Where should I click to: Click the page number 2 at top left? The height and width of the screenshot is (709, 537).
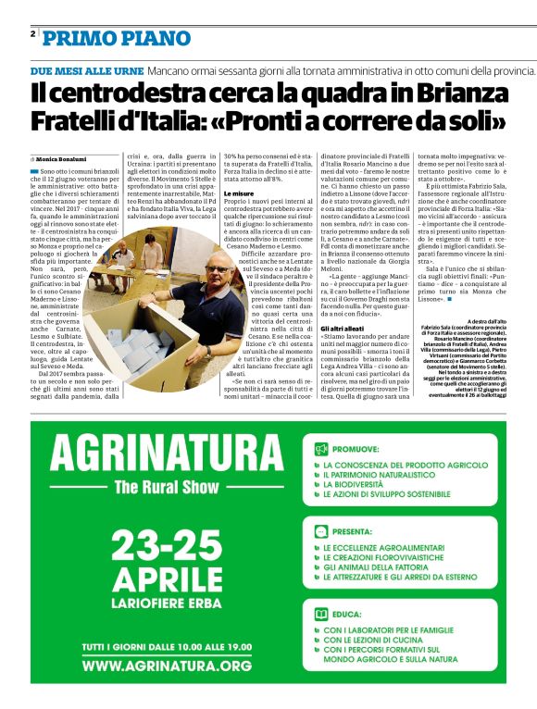coord(32,33)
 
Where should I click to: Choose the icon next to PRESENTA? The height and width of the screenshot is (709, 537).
coord(321,531)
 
